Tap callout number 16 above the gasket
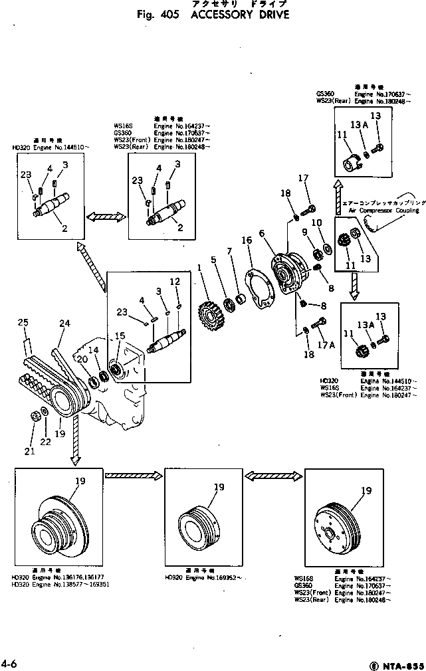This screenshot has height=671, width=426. (x=246, y=240)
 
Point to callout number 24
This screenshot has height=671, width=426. (x=64, y=324)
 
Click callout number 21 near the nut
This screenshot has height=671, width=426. (x=28, y=452)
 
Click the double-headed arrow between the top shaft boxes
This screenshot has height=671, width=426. (x=106, y=217)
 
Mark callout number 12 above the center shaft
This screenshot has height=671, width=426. (x=174, y=282)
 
